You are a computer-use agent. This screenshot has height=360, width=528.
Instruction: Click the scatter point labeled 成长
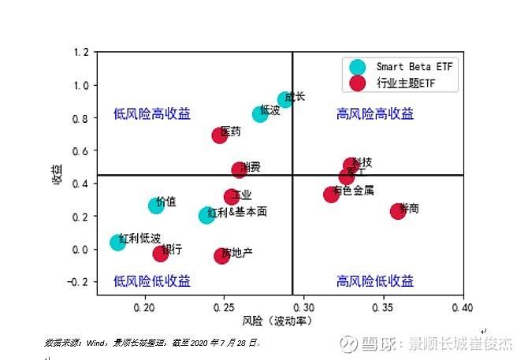(285, 100)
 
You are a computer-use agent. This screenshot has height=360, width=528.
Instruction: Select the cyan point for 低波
(261, 113)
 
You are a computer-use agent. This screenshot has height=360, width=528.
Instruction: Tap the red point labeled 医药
(220, 135)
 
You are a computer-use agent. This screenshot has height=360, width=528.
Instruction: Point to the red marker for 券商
(398, 211)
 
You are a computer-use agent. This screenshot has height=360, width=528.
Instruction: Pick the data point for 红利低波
(118, 242)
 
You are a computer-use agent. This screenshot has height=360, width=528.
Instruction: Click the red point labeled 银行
(161, 253)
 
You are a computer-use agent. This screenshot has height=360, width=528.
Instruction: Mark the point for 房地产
(221, 255)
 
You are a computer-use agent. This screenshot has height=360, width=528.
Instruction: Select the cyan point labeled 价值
(156, 206)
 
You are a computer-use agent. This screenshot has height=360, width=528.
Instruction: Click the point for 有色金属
(331, 194)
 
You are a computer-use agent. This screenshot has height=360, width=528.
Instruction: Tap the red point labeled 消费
(239, 169)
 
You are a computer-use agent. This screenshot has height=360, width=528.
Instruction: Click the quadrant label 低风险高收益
(152, 114)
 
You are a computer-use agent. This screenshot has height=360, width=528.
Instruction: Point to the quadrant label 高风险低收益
(375, 281)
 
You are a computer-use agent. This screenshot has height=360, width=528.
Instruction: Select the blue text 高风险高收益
(375, 114)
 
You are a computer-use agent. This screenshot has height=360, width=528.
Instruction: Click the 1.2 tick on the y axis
(80, 53)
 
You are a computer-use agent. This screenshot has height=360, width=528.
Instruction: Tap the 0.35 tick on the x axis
(384, 306)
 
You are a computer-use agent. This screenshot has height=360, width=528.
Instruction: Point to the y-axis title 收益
(57, 174)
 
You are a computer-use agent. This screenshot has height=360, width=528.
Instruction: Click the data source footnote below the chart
(152, 343)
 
